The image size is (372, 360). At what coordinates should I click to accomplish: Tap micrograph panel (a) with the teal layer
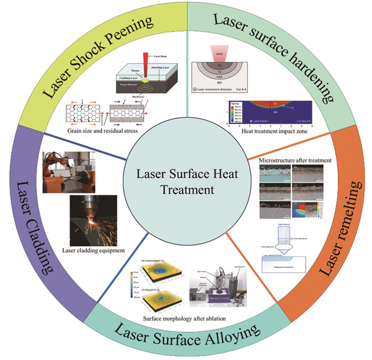tap(272, 174)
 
